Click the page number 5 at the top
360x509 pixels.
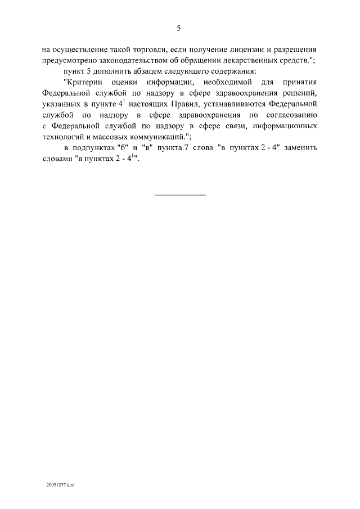click(179, 28)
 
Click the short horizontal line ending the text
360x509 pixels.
click(179, 196)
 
